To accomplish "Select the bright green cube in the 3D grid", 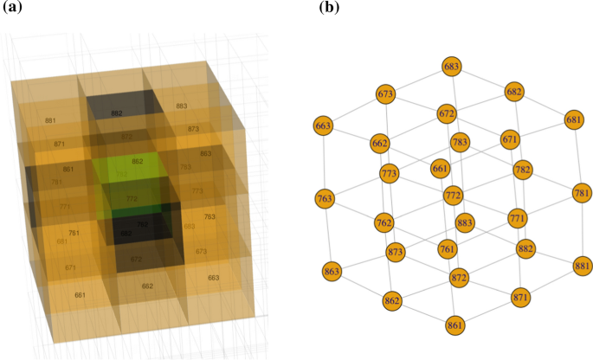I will [x=135, y=174].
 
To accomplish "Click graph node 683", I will [x=451, y=66].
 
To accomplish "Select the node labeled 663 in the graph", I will [x=324, y=126].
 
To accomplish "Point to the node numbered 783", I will [x=460, y=142].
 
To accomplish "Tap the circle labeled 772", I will [x=453, y=196].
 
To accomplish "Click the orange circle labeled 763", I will [x=325, y=200].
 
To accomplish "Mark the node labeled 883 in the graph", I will [x=465, y=222].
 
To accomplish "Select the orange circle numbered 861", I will [x=455, y=325].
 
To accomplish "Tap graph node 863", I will [x=332, y=271].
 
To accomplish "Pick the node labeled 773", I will [x=389, y=174].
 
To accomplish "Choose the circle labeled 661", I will [x=440, y=169].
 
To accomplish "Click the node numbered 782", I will [x=522, y=169].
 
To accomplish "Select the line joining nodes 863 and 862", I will [x=362, y=286].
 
